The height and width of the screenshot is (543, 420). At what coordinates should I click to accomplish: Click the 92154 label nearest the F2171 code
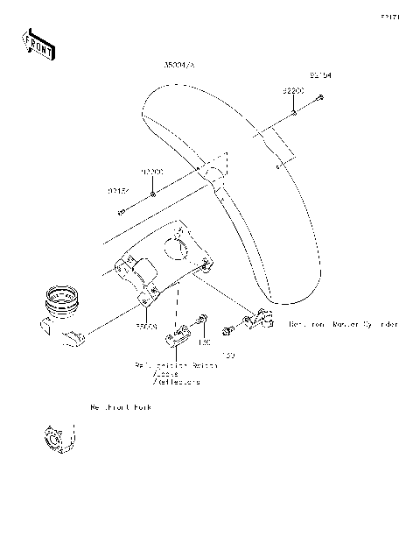click(x=319, y=76)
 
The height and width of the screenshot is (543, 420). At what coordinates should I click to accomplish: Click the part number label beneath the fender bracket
click(x=145, y=325)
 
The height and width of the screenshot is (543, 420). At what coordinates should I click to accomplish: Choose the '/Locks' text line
click(x=167, y=373)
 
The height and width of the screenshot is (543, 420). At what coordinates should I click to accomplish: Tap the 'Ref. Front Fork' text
click(x=119, y=408)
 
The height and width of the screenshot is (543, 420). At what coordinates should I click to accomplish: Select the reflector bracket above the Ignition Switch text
click(x=181, y=336)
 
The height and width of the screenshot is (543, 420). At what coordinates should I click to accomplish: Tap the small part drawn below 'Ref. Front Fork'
click(x=55, y=438)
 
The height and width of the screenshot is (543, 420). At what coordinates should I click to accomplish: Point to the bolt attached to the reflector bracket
click(x=203, y=320)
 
